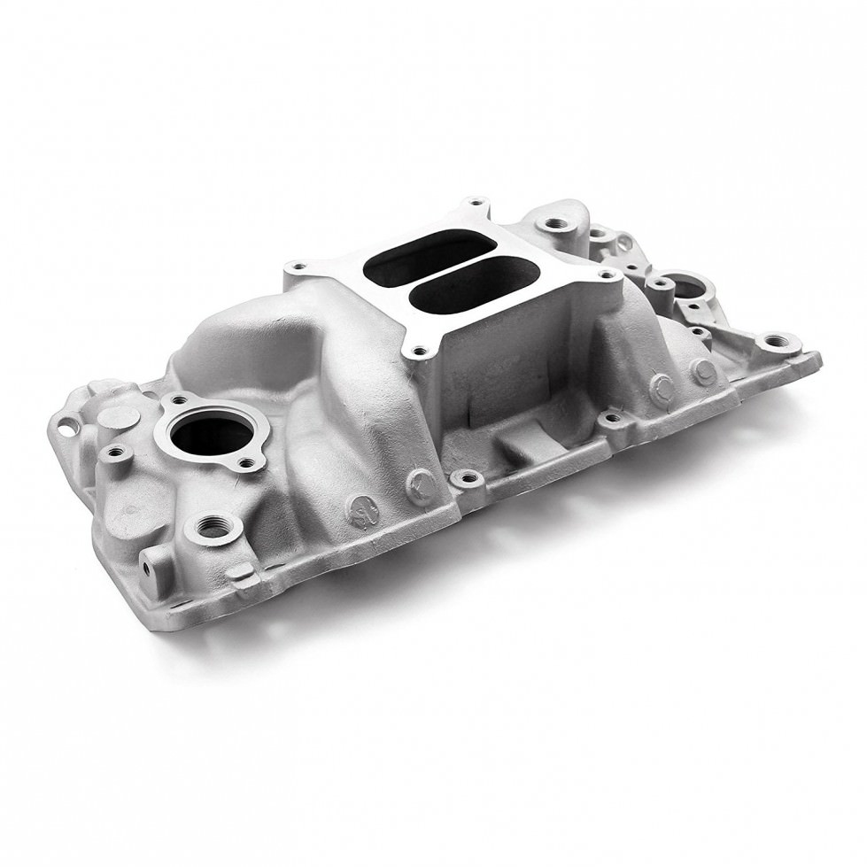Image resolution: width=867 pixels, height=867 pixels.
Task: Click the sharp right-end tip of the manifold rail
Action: [819, 359]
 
